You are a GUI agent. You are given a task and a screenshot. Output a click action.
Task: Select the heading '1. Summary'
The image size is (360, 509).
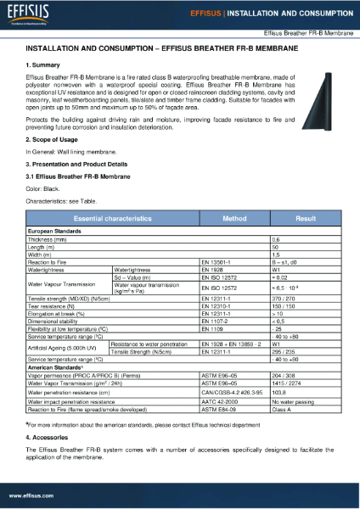[x=44, y=64]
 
